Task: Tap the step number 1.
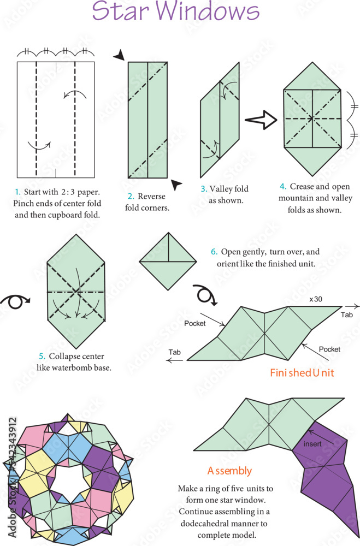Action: point(17,192)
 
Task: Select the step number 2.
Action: point(131,197)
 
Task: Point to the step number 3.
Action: point(204,189)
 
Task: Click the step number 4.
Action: point(282,187)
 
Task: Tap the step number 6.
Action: point(214,252)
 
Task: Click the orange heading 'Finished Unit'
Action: point(302,373)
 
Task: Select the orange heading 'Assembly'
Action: point(229,471)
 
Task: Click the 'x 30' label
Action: point(315,299)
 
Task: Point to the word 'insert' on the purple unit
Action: point(312,444)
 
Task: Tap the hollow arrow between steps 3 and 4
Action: point(261,121)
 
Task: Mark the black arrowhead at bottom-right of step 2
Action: point(176,185)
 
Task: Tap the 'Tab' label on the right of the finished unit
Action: point(347,316)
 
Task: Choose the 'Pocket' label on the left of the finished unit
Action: point(195,323)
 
